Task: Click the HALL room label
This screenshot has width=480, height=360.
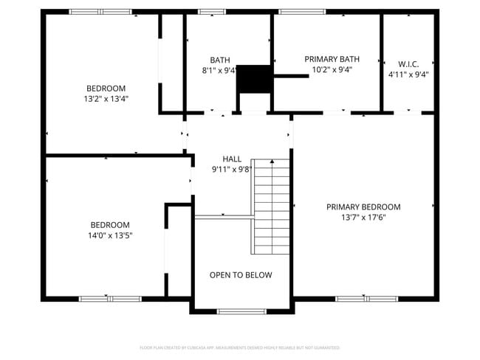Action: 232,159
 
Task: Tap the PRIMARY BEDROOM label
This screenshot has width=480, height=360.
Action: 363,207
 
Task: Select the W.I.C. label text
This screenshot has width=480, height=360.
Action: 408,64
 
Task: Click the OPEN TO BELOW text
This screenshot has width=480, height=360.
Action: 241,275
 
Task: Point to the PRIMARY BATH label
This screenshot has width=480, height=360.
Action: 332,59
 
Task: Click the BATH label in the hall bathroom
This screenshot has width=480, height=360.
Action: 219,60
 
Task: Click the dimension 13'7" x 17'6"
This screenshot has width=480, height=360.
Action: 363,218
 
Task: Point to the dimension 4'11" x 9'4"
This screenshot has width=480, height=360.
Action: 408,75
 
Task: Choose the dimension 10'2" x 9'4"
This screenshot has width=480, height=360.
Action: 332,70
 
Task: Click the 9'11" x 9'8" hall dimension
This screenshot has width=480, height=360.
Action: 232,169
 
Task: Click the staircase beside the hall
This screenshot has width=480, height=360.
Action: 271,207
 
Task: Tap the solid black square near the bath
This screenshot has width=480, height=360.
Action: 254,78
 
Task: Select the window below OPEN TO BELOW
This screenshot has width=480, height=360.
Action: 241,311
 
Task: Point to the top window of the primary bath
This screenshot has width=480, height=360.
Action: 301,12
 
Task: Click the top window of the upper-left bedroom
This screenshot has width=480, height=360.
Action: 100,12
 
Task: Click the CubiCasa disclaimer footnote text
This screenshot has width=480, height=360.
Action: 240,347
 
